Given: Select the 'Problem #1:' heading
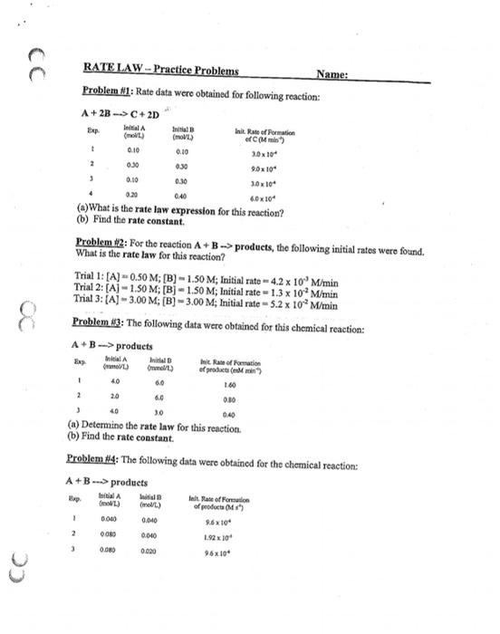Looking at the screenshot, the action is pos(106,91).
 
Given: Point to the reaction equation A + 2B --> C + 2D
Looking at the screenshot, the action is pos(120,114).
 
